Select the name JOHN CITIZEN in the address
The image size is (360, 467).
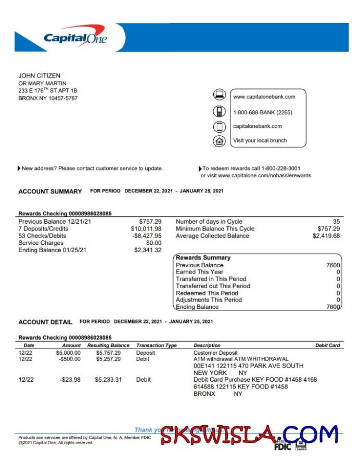click(40, 76)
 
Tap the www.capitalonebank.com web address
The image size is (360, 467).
click(264, 97)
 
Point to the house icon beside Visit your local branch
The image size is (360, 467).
click(220, 140)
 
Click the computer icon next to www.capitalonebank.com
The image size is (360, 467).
click(220, 95)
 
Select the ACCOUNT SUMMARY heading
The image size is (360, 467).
click(50, 191)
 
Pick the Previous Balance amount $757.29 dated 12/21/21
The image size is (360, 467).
click(150, 222)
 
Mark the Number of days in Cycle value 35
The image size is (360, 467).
click(336, 222)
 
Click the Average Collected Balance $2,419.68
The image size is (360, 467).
click(326, 236)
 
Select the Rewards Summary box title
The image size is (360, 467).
click(203, 258)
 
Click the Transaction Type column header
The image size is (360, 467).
click(157, 345)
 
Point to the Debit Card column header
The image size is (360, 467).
click(327, 345)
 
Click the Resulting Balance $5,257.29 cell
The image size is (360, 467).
click(108, 359)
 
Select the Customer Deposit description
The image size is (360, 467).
click(215, 353)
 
